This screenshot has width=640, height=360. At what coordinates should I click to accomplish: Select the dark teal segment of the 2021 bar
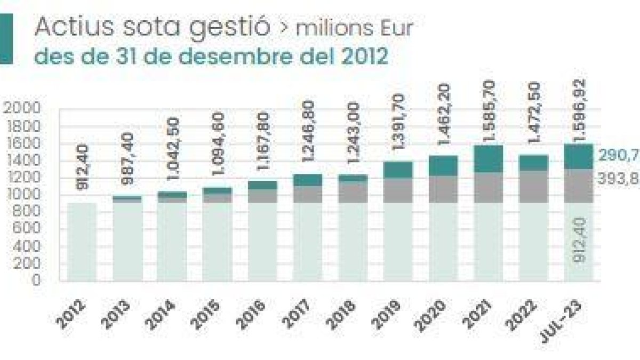(x=489, y=159)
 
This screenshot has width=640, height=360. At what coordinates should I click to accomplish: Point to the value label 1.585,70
(x=489, y=112)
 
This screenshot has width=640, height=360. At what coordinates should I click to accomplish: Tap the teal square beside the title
(x=6, y=39)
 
